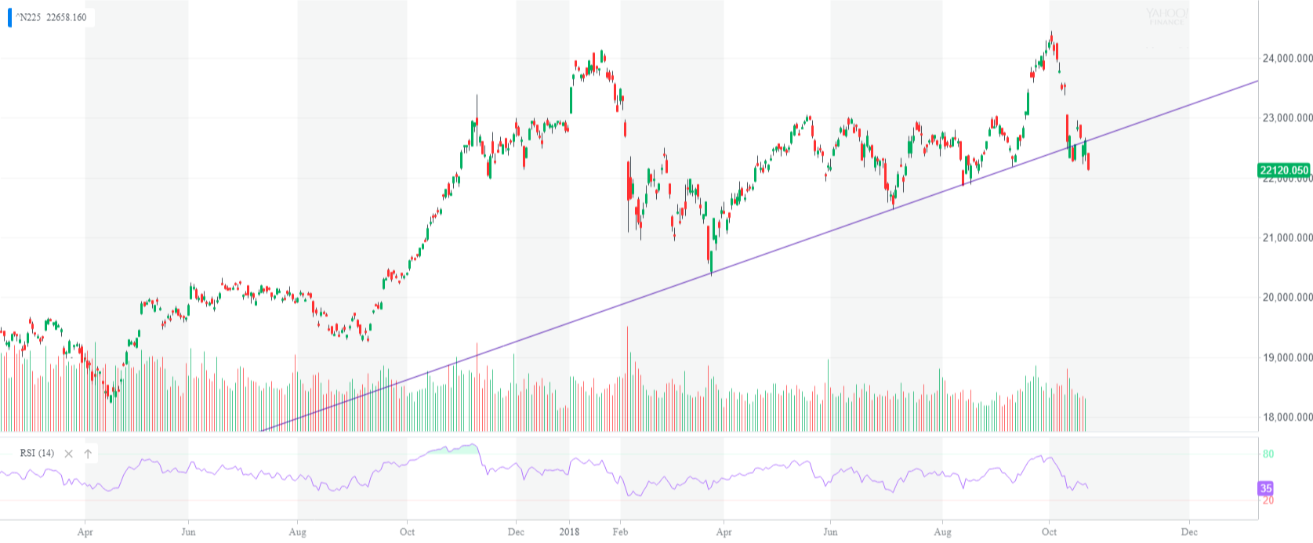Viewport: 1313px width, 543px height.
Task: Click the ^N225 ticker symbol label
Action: click(28, 17)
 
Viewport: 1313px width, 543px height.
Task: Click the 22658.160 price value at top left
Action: click(67, 17)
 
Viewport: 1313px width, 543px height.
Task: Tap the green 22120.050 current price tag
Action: click(1283, 170)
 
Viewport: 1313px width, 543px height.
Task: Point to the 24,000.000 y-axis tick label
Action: click(1286, 58)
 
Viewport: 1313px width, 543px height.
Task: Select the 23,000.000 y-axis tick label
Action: click(1286, 118)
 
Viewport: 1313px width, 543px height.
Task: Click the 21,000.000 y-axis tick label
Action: click(1286, 237)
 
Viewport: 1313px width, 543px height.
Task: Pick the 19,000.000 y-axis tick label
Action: click(1286, 357)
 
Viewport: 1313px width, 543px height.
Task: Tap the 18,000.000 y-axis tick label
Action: click(1286, 417)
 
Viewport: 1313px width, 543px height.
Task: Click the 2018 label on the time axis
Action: click(569, 532)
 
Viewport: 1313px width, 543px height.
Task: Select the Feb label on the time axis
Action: click(620, 532)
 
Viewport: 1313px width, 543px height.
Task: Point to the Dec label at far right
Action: click(1189, 532)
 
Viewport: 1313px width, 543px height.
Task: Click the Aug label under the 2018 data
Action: click(942, 532)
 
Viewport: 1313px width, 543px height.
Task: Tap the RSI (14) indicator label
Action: click(37, 453)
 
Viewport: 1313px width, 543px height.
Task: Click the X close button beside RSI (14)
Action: click(68, 454)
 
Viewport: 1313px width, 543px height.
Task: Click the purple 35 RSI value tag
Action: click(1265, 488)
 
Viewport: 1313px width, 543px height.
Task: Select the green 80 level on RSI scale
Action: click(1268, 454)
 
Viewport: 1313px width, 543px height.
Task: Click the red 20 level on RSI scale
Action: click(1268, 500)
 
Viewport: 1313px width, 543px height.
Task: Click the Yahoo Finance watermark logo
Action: click(1166, 16)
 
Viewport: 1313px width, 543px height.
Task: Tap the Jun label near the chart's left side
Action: click(188, 532)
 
